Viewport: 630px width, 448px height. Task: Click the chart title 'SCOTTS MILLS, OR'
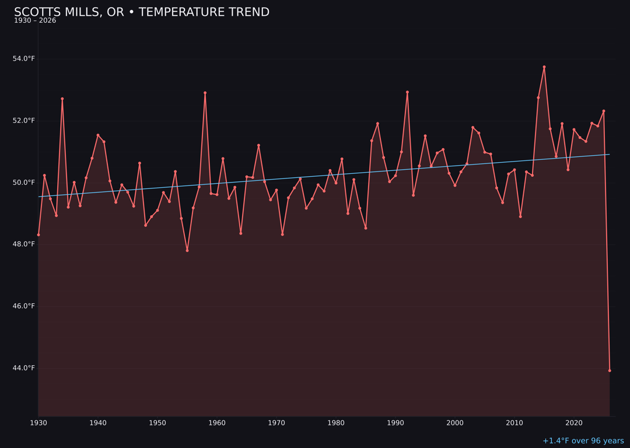141,12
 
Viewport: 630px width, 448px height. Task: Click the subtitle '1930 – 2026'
35,21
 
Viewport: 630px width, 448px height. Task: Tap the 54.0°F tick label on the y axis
24,59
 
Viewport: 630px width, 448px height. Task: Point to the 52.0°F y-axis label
24,121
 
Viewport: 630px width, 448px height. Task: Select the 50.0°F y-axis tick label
24,183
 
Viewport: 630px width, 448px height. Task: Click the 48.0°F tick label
24,244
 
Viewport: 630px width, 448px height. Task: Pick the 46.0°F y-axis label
24,306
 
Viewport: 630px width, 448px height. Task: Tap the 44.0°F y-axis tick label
24,368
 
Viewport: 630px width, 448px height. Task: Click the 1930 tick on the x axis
38,423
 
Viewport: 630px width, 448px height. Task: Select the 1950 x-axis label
157,423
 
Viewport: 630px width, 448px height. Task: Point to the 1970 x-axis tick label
276,423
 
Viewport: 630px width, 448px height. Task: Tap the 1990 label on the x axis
395,423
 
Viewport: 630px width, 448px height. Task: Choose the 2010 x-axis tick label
514,423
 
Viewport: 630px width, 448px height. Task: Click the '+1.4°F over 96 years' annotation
583,441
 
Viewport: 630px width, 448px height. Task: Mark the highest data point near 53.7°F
544,67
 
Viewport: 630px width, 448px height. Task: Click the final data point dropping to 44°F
610,370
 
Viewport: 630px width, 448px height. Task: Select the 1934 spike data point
62,99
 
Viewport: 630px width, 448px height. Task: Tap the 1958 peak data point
205,93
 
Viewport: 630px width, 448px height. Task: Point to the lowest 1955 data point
187,250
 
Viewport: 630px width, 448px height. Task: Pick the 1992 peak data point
407,92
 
